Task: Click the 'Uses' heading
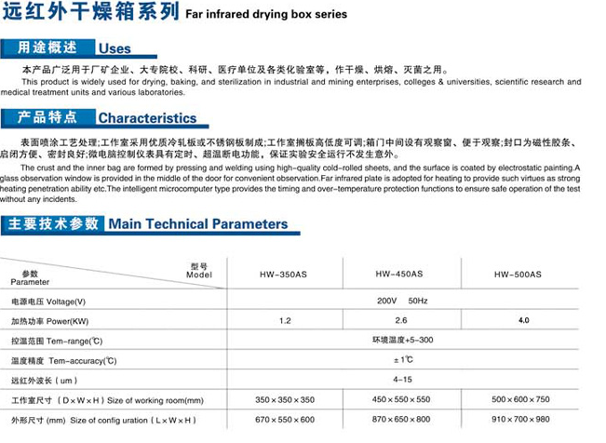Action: point(114,48)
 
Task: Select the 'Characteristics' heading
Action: point(147,118)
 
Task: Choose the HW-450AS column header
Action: point(399,275)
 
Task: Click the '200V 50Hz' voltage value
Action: point(402,301)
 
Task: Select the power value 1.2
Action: point(284,320)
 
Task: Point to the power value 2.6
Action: point(402,320)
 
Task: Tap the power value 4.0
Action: point(523,320)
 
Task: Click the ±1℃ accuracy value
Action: point(402,359)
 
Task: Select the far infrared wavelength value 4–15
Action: point(402,379)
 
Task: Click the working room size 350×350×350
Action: point(284,399)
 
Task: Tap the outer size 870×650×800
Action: point(401,420)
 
